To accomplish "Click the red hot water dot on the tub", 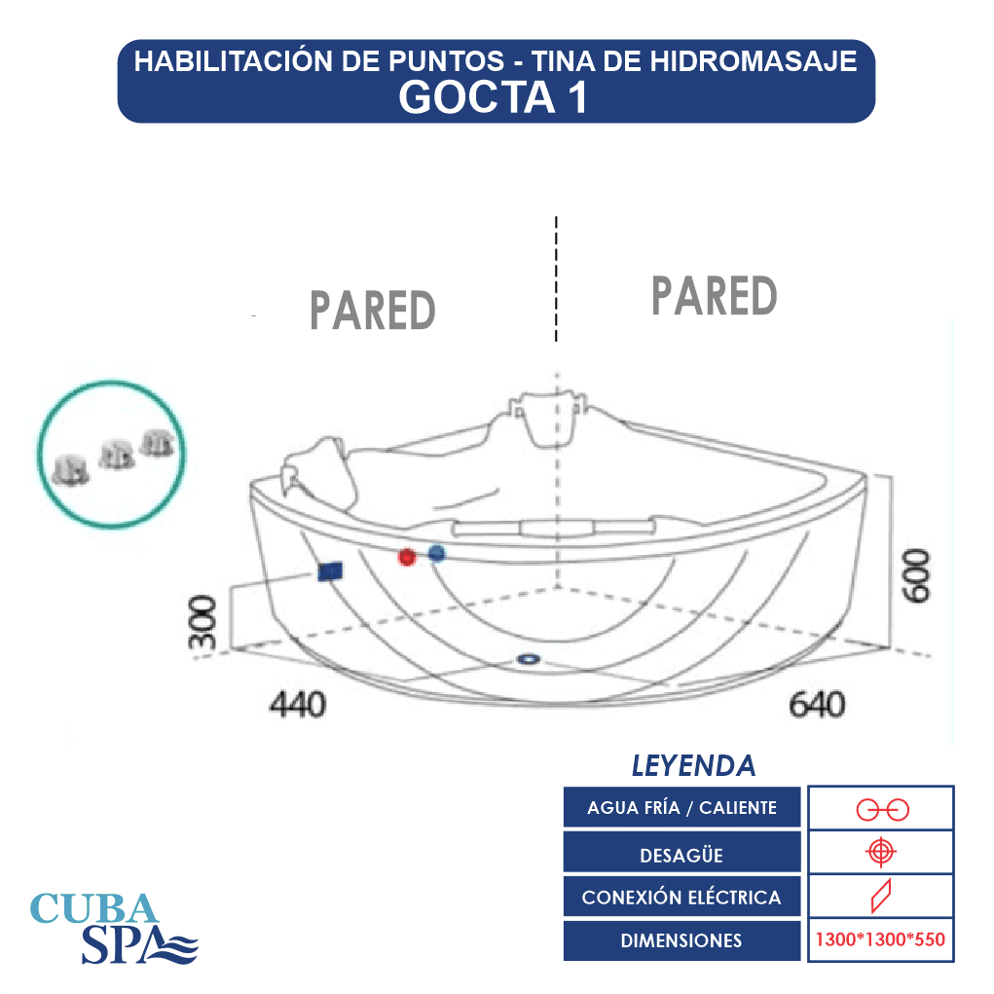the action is pyautogui.click(x=407, y=557).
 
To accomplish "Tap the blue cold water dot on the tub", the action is pyautogui.click(x=437, y=553).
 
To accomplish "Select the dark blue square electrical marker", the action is pyautogui.click(x=330, y=571).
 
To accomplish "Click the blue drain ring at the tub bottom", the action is pyautogui.click(x=528, y=659).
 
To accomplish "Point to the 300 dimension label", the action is pyautogui.click(x=202, y=622).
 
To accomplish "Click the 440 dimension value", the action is pyautogui.click(x=297, y=704).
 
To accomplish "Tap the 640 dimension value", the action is pyautogui.click(x=817, y=704).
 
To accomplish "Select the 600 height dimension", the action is pyautogui.click(x=917, y=575).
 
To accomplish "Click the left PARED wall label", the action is pyautogui.click(x=373, y=310).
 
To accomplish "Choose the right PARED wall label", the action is pyautogui.click(x=715, y=295).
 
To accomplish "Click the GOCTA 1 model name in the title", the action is pyautogui.click(x=494, y=97).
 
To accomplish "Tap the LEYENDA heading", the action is pyautogui.click(x=693, y=766).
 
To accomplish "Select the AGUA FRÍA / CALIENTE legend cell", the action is pyautogui.click(x=681, y=808).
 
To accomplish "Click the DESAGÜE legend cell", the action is pyautogui.click(x=681, y=853).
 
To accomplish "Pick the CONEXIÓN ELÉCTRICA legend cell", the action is pyautogui.click(x=681, y=897).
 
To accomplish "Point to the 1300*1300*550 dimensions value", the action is pyautogui.click(x=880, y=939).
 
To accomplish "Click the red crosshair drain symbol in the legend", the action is pyautogui.click(x=881, y=851).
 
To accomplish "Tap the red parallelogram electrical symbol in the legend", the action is pyautogui.click(x=881, y=896).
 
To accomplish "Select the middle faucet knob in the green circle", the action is pyautogui.click(x=117, y=455).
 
